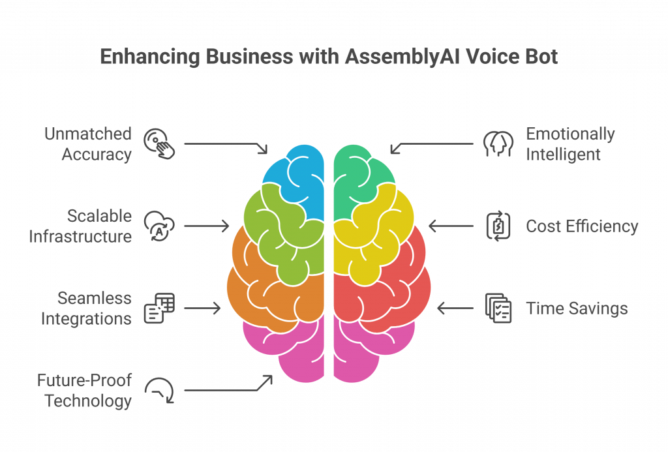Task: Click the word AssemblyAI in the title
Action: point(402,57)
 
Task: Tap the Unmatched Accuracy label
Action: point(88,144)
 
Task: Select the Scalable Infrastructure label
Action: point(80,226)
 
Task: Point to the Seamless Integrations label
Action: point(86,309)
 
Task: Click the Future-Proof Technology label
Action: point(84,391)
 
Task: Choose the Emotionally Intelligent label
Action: point(570,144)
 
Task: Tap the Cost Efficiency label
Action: point(582,226)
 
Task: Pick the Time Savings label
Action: point(577,309)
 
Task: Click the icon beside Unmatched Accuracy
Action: point(159,144)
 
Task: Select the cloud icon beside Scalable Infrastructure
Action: point(159,226)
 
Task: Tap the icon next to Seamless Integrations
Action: point(159,308)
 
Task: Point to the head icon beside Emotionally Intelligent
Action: point(498,144)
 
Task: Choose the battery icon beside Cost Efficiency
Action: point(498,226)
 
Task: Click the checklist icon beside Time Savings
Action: point(498,308)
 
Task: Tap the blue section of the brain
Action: point(305,179)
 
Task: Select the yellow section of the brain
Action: point(375,234)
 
